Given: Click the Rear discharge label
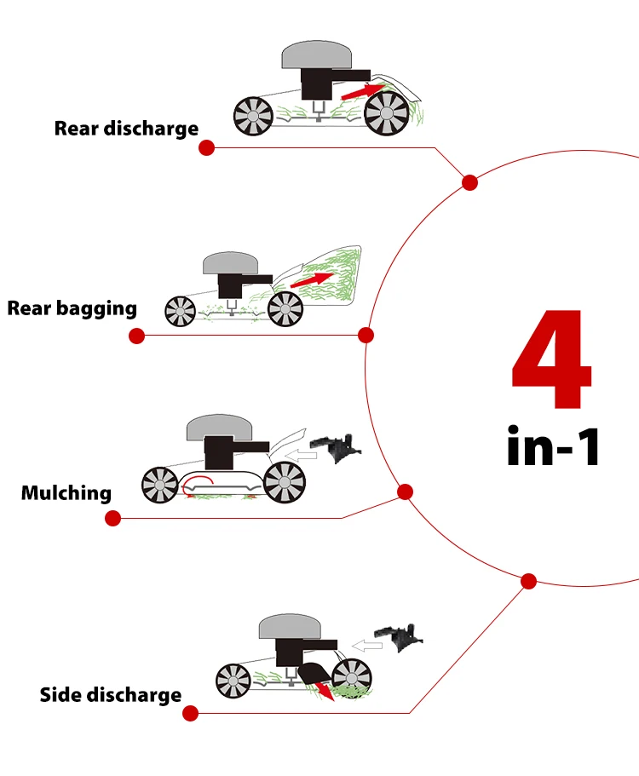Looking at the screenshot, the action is pos(126,129).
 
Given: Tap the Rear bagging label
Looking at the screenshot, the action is pos(72,308).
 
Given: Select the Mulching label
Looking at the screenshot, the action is pos(66,492).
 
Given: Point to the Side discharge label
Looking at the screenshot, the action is pos(111,695).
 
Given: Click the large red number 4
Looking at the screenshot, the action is pos(551,361).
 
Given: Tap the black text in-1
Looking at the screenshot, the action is pos(554,445).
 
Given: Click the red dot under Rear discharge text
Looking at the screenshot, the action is pos(206,148).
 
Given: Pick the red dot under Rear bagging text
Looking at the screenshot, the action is pos(136,336).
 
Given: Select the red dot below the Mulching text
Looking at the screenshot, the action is pos(113,518).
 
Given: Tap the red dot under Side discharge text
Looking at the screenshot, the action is pos(190,713).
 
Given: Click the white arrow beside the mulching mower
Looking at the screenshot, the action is pos(301,456).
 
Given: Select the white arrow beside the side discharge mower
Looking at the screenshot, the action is pos(369,646).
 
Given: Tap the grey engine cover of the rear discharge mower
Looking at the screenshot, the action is pos(317,55).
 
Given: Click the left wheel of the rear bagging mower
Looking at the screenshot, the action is pos(181,310).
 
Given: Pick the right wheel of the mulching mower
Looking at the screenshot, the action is pos(284,482).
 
